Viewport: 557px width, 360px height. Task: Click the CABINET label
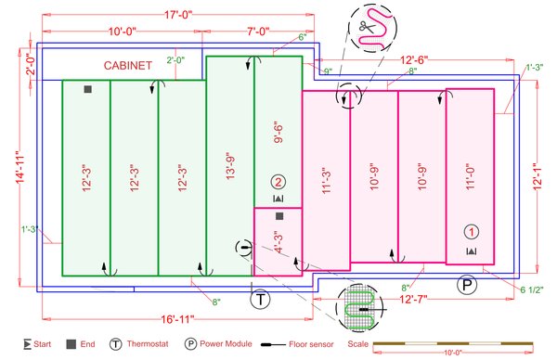click(128, 65)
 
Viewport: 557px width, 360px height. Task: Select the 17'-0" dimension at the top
click(178, 15)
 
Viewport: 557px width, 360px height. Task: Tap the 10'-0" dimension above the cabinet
click(123, 32)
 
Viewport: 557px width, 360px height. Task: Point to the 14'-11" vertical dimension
click(19, 168)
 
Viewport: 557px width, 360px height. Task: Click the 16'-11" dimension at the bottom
click(177, 319)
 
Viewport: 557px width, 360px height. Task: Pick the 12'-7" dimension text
click(413, 300)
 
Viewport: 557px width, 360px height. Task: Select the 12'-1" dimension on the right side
click(538, 176)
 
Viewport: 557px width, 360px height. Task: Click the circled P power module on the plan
click(467, 284)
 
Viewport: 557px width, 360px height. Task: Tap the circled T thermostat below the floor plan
click(260, 300)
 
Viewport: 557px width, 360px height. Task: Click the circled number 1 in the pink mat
click(472, 232)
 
